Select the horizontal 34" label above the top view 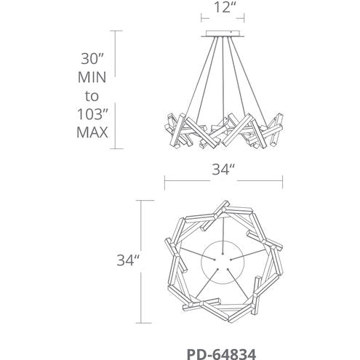[x=220, y=172]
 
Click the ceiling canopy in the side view [x=220, y=33]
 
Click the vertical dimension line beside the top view [x=140, y=260]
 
